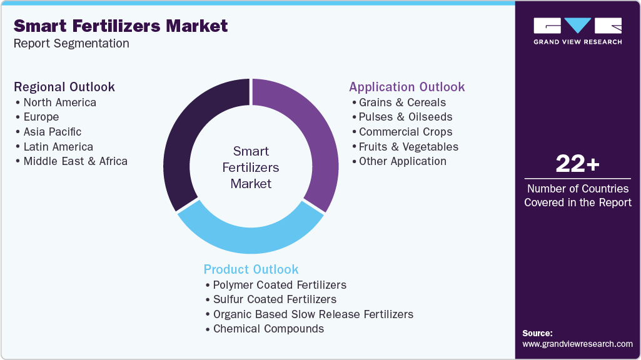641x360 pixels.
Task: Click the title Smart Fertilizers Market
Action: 121,26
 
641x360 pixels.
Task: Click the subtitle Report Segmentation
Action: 71,43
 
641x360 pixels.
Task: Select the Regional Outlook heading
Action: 64,87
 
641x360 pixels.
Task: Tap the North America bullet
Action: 59,102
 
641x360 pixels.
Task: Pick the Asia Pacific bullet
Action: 52,132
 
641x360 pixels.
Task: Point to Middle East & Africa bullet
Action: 75,161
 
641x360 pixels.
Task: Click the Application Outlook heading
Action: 407,87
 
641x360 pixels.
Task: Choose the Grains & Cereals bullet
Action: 402,102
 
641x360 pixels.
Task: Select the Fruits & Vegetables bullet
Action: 408,147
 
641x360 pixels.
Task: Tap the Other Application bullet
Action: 402,161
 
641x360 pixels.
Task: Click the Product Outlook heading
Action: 251,269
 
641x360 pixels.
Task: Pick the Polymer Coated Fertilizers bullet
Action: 279,285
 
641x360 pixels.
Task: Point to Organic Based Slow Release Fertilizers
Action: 313,314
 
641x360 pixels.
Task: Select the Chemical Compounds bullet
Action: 268,329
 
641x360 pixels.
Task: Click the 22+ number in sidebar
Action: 577,164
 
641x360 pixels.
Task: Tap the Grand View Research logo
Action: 577,31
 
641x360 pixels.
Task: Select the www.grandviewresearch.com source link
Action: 577,344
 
